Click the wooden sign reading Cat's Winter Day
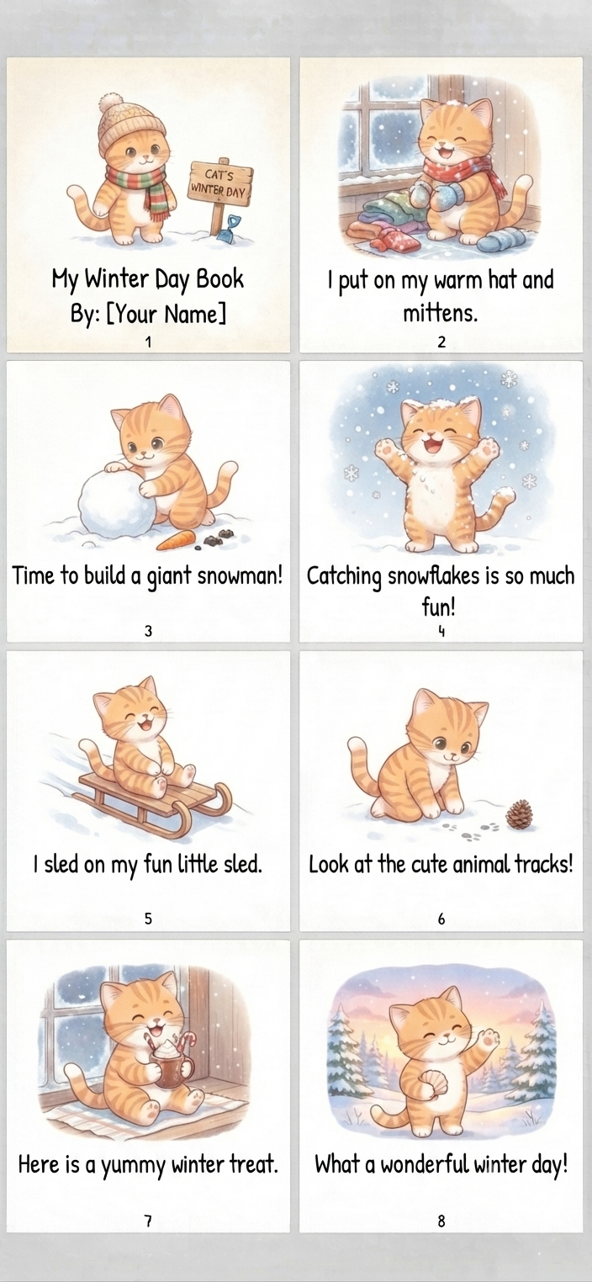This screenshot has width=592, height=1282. tap(221, 183)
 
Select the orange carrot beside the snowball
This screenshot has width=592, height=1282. tap(176, 540)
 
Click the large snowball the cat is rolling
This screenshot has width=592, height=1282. tap(117, 504)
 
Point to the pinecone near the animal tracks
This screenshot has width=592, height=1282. tap(520, 813)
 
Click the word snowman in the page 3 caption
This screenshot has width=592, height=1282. tap(240, 575)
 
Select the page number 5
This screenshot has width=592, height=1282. tap(148, 919)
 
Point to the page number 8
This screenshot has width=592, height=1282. tap(441, 1221)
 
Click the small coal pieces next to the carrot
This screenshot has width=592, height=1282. tap(214, 539)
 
